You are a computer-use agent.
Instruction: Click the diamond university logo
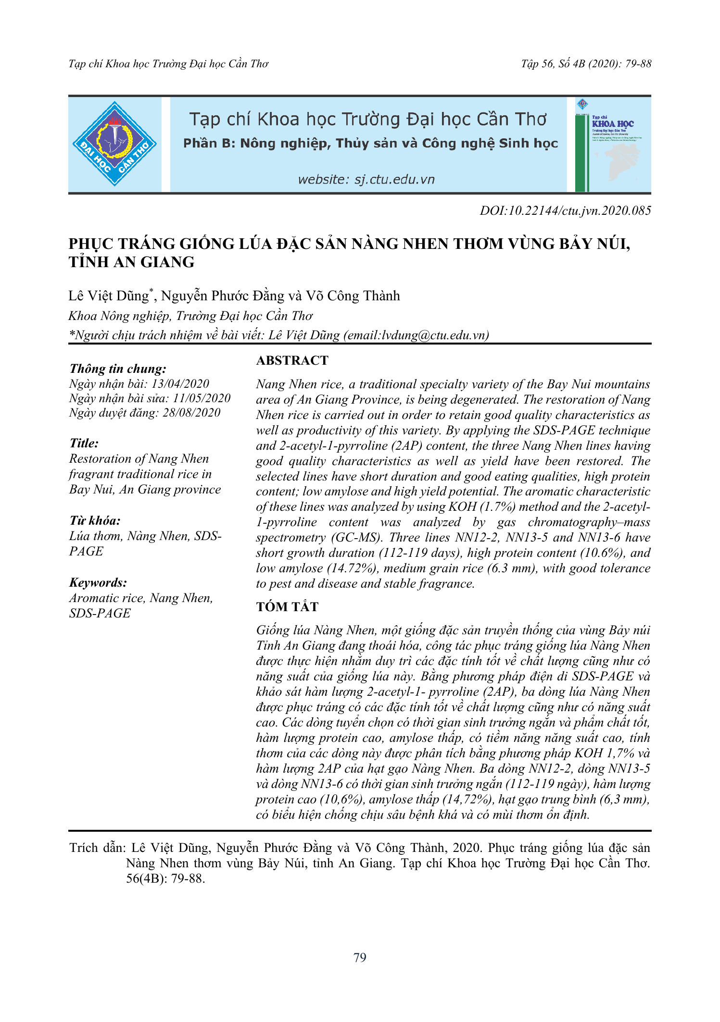tap(114, 144)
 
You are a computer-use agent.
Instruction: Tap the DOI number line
tap(565, 210)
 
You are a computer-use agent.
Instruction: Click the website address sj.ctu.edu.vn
tap(366, 180)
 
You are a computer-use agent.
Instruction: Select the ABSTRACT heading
tap(292, 360)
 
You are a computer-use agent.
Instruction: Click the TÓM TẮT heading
tap(287, 607)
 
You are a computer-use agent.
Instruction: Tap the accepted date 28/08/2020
tap(191, 412)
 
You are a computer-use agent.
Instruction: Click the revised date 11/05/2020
tap(202, 398)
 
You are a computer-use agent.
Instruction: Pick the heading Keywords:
tap(98, 583)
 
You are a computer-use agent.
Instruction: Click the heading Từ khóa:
tap(95, 521)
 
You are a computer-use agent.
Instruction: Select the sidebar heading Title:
tap(84, 443)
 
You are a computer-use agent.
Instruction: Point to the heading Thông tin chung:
tap(118, 369)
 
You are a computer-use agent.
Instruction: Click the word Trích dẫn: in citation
tap(98, 848)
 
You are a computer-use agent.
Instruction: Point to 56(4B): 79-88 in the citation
tap(165, 878)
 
